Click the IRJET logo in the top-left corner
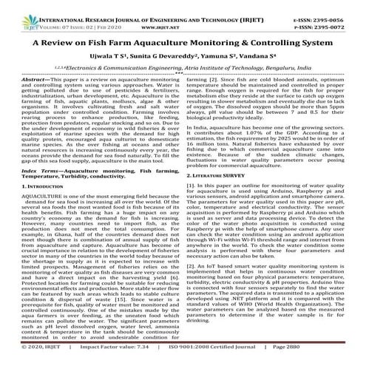click(x=16, y=13)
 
